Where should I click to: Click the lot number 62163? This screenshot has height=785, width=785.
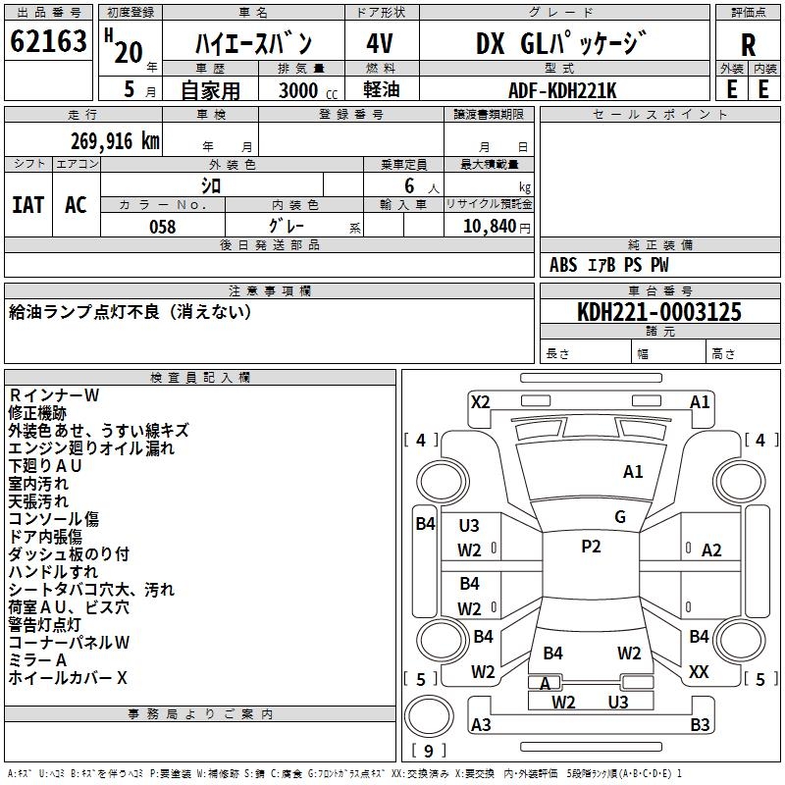click(48, 41)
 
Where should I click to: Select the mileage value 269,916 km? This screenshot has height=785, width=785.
click(115, 141)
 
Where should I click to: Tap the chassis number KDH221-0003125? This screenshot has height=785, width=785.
click(659, 312)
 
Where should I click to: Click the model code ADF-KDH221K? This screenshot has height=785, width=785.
click(562, 90)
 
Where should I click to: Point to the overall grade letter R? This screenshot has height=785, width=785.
click(748, 45)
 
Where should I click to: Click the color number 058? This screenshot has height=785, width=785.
click(162, 227)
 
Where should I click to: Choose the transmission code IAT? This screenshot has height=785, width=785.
click(28, 205)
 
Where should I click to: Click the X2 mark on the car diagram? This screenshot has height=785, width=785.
click(481, 402)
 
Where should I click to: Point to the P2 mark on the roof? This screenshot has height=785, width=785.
click(591, 547)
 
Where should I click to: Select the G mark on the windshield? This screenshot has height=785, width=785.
click(620, 517)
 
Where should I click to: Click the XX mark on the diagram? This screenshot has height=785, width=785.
click(699, 671)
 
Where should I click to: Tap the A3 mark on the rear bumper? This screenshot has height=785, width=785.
click(481, 724)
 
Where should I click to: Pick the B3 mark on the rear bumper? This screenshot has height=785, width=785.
click(700, 724)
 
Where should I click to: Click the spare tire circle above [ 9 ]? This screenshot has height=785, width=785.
click(429, 716)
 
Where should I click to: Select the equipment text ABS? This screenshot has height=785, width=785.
click(563, 265)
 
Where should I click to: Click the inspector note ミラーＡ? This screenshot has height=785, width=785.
click(37, 659)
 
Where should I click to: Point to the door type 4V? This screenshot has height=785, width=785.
click(380, 43)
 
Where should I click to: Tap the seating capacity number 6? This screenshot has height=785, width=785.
click(409, 185)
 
